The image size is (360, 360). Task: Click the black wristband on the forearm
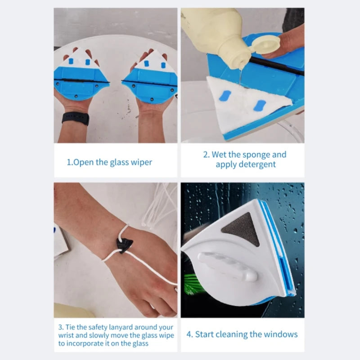point(75,118)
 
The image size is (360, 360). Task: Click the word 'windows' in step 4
point(281,334)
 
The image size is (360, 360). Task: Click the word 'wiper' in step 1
point(140,162)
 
